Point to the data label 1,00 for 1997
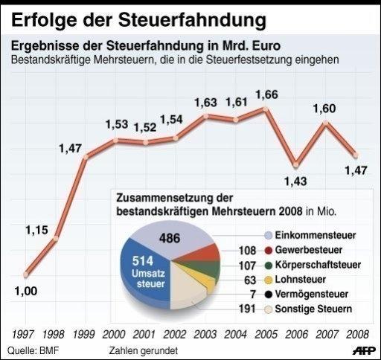click(x=25, y=291)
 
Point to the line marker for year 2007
click(x=325, y=122)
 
